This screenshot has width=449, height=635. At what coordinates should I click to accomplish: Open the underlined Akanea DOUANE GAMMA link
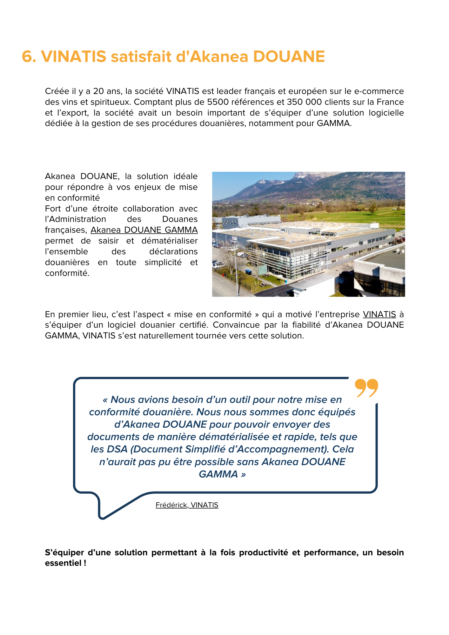coord(144,230)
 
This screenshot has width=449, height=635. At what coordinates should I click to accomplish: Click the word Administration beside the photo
coord(76,219)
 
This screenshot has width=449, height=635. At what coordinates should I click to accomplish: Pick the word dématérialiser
coord(170,241)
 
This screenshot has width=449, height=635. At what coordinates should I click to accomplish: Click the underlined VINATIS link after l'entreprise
coord(379,314)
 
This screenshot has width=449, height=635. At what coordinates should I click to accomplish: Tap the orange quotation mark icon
coord(366,388)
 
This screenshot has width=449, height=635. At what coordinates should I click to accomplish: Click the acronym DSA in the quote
coord(117,449)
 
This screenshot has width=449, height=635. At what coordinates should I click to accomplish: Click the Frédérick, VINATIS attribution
coord(187,505)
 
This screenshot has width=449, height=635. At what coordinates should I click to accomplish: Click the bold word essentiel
coord(63,563)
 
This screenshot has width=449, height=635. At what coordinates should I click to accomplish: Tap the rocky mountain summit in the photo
coord(302,176)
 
